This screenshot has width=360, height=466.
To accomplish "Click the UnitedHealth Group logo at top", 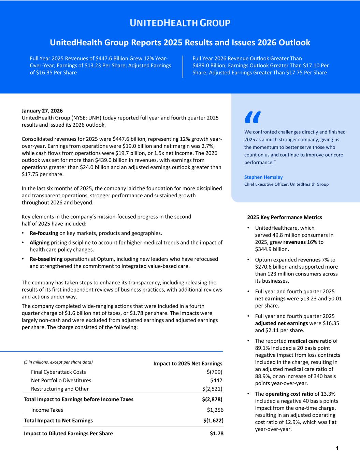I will [180, 23].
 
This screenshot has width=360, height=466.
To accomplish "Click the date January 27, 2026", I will [42, 111].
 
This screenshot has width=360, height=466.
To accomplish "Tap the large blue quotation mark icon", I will [253, 117].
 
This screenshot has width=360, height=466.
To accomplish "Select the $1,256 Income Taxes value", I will [215, 410].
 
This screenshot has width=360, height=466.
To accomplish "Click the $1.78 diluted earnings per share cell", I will [216, 433].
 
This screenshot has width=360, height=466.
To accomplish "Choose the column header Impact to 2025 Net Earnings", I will [188, 364].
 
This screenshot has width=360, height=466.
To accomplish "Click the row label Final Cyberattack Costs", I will [58, 372].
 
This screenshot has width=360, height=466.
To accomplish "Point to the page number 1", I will [337, 449].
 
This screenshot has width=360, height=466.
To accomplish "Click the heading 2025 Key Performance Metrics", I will [284, 217].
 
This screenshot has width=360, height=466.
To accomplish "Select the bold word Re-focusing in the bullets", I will [44, 233].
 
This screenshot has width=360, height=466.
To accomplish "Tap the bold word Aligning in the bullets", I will [40, 242].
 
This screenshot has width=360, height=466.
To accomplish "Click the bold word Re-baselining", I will [46, 259].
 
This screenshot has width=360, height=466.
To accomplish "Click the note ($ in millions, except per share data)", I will [58, 362].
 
